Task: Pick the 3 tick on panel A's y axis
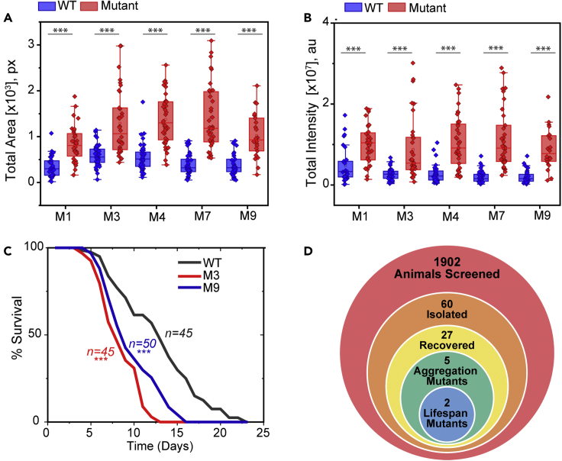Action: [x=31, y=45]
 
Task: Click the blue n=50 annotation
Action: [x=143, y=343]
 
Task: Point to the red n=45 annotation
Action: [x=100, y=351]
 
